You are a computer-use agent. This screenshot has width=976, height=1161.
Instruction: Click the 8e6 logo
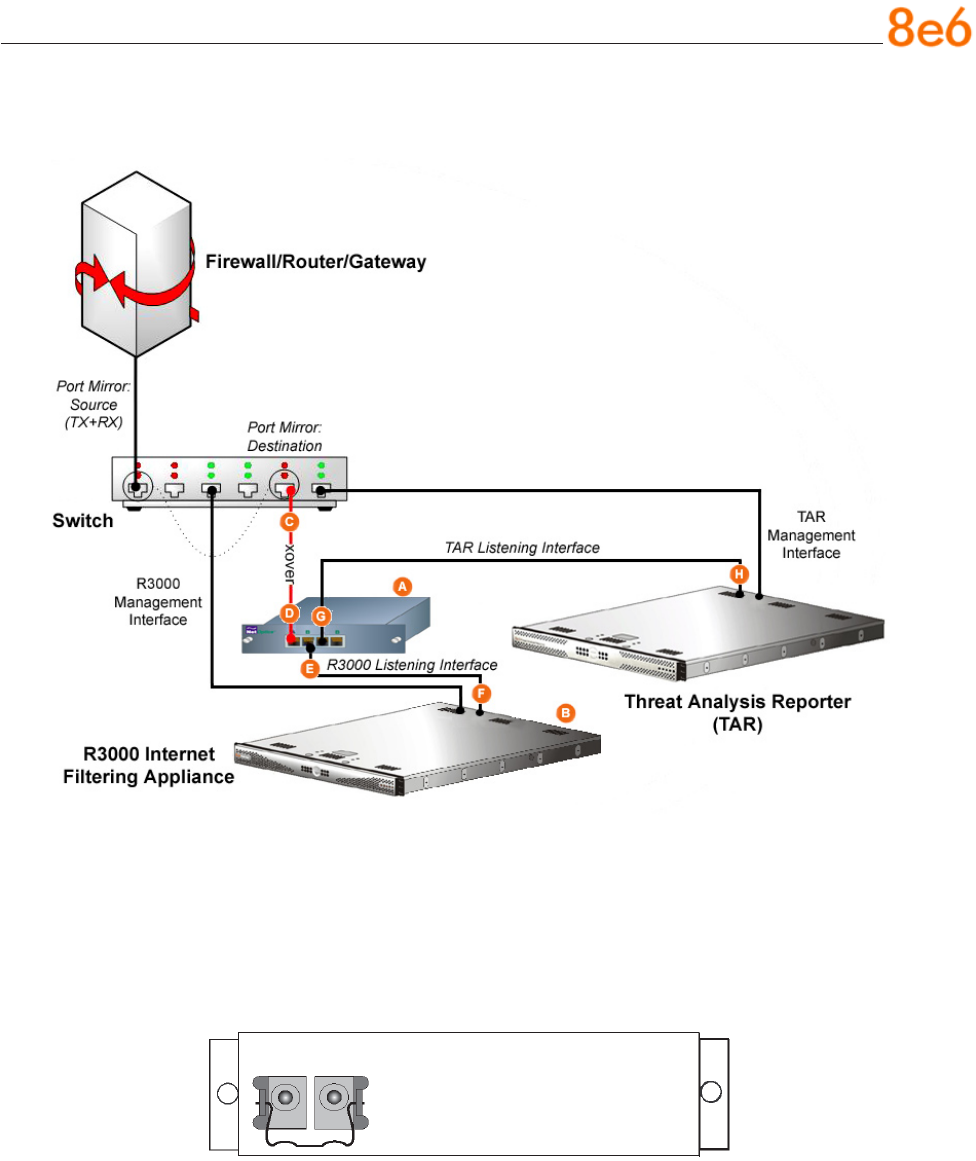tap(929, 30)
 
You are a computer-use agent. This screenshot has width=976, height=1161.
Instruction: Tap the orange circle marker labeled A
tap(402, 588)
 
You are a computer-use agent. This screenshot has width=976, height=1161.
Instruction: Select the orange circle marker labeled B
tap(565, 713)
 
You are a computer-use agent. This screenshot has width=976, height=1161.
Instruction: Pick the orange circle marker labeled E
tap(310, 669)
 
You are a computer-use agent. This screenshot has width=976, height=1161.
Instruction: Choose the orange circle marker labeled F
tap(482, 692)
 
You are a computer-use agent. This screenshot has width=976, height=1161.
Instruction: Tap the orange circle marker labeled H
tap(739, 574)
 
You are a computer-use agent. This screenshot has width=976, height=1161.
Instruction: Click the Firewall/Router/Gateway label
tap(316, 263)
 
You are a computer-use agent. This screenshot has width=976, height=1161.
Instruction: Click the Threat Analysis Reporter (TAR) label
tap(738, 713)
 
